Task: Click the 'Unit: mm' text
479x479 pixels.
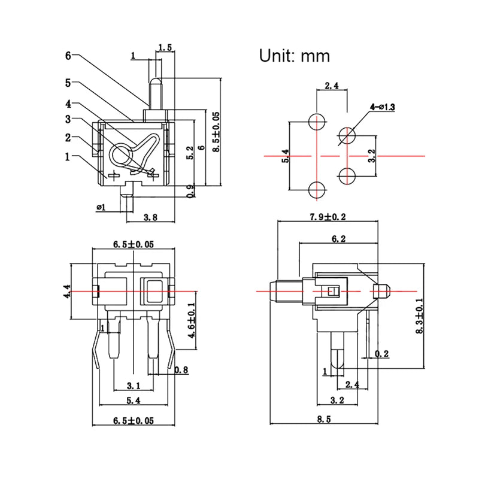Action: (295, 56)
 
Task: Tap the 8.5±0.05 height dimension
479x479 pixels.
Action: (216, 132)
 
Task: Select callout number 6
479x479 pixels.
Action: (68, 56)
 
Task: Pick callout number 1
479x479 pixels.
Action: (68, 157)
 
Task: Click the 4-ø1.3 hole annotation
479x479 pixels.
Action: (382, 107)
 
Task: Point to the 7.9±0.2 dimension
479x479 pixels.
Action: (328, 217)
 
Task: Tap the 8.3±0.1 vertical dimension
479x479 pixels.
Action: (420, 316)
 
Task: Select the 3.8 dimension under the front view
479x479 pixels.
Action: (150, 217)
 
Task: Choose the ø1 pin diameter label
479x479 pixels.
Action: (101, 207)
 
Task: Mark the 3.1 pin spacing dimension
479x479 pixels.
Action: (134, 386)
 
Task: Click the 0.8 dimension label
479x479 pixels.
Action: (181, 370)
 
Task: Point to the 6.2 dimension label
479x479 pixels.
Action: (338, 239)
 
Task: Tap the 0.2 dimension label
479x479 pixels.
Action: (381, 354)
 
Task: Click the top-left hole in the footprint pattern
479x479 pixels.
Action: (317, 122)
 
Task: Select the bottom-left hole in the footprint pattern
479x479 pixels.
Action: (317, 190)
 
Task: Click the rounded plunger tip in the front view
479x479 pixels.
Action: (156, 81)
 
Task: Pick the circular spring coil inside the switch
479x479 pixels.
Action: (121, 154)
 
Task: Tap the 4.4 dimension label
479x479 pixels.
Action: (67, 291)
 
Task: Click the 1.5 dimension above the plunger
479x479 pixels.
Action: (165, 47)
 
